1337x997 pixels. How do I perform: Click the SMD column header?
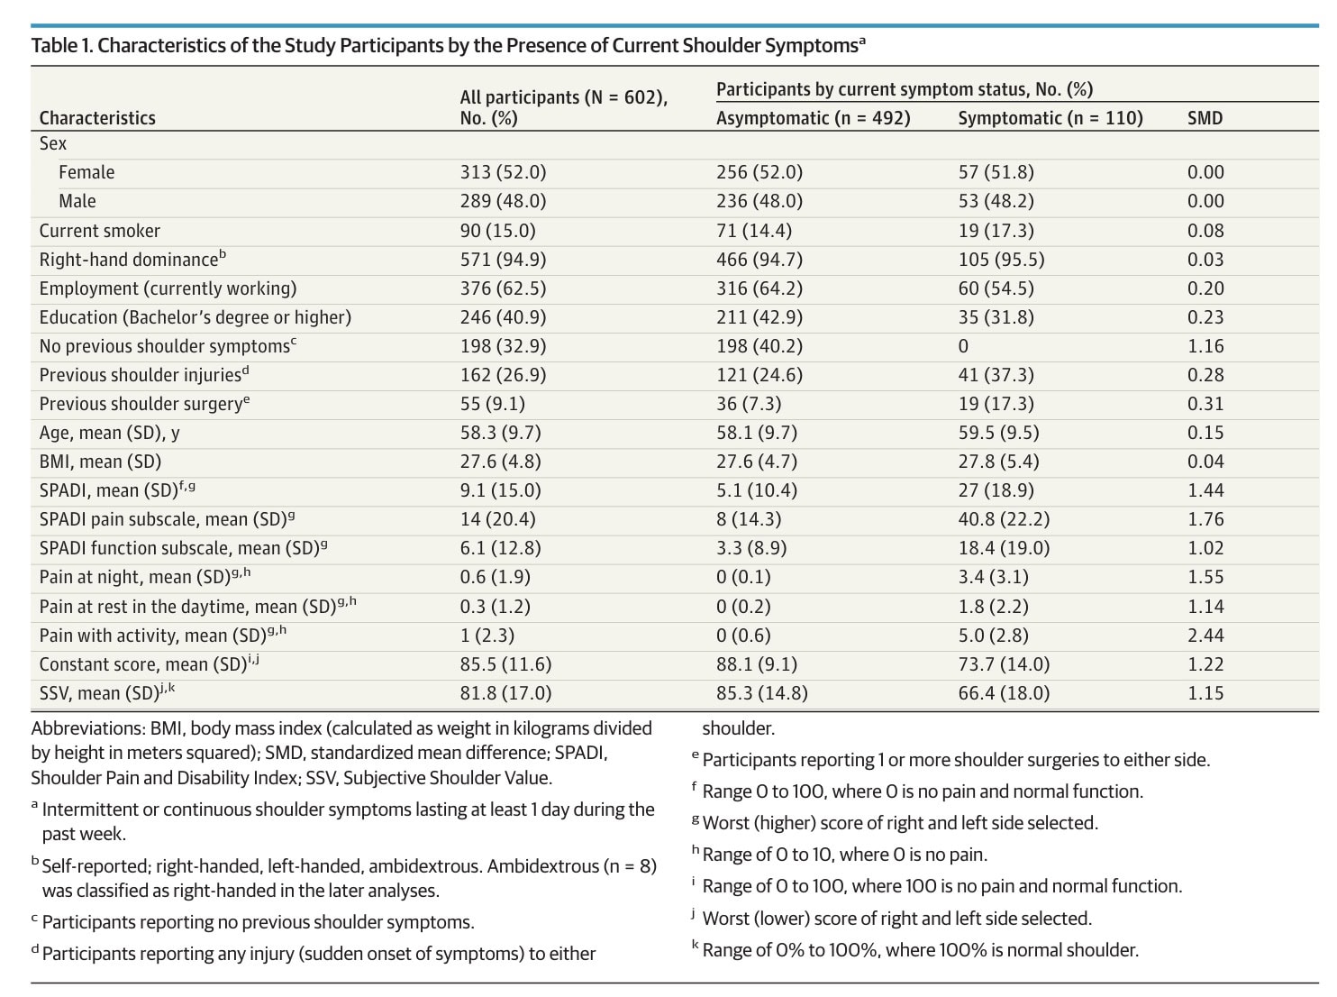(x=1205, y=117)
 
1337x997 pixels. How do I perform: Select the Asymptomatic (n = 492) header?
(x=813, y=117)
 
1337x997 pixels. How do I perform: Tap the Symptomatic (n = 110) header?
(x=1050, y=117)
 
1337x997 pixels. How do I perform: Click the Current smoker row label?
(x=99, y=231)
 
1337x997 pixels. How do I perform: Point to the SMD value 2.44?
(x=1205, y=635)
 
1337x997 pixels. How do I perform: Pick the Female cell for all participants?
(x=503, y=172)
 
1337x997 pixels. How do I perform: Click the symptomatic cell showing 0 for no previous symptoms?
(x=963, y=346)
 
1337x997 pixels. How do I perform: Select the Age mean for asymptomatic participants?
(x=757, y=433)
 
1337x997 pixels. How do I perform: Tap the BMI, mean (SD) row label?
(x=101, y=462)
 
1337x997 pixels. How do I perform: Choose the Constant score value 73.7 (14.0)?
(x=1004, y=663)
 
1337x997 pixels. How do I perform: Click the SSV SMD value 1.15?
(x=1205, y=693)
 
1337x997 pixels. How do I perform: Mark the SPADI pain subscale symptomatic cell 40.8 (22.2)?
(x=1004, y=519)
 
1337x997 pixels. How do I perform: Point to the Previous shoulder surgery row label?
(x=144, y=404)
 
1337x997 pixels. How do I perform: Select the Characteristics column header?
(x=97, y=117)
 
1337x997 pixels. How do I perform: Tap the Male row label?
(x=77, y=201)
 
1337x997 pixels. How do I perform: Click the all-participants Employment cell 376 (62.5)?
(x=503, y=288)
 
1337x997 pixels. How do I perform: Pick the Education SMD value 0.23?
(x=1205, y=317)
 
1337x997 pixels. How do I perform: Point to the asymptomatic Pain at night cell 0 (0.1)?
(x=743, y=577)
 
